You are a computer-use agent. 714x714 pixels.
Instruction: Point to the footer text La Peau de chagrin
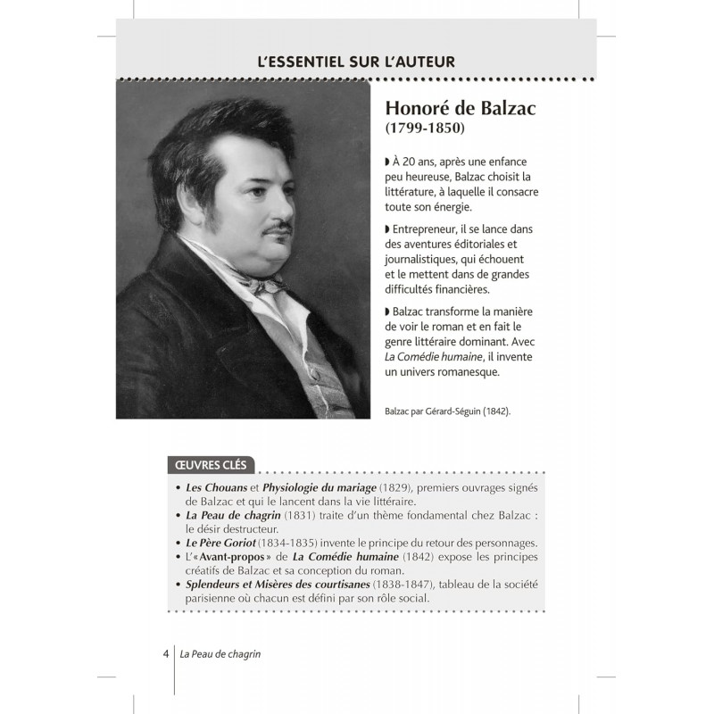(226, 652)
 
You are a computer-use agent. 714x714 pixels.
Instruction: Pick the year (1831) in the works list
(312, 516)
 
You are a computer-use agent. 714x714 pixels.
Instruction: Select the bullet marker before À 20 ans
(388, 162)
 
